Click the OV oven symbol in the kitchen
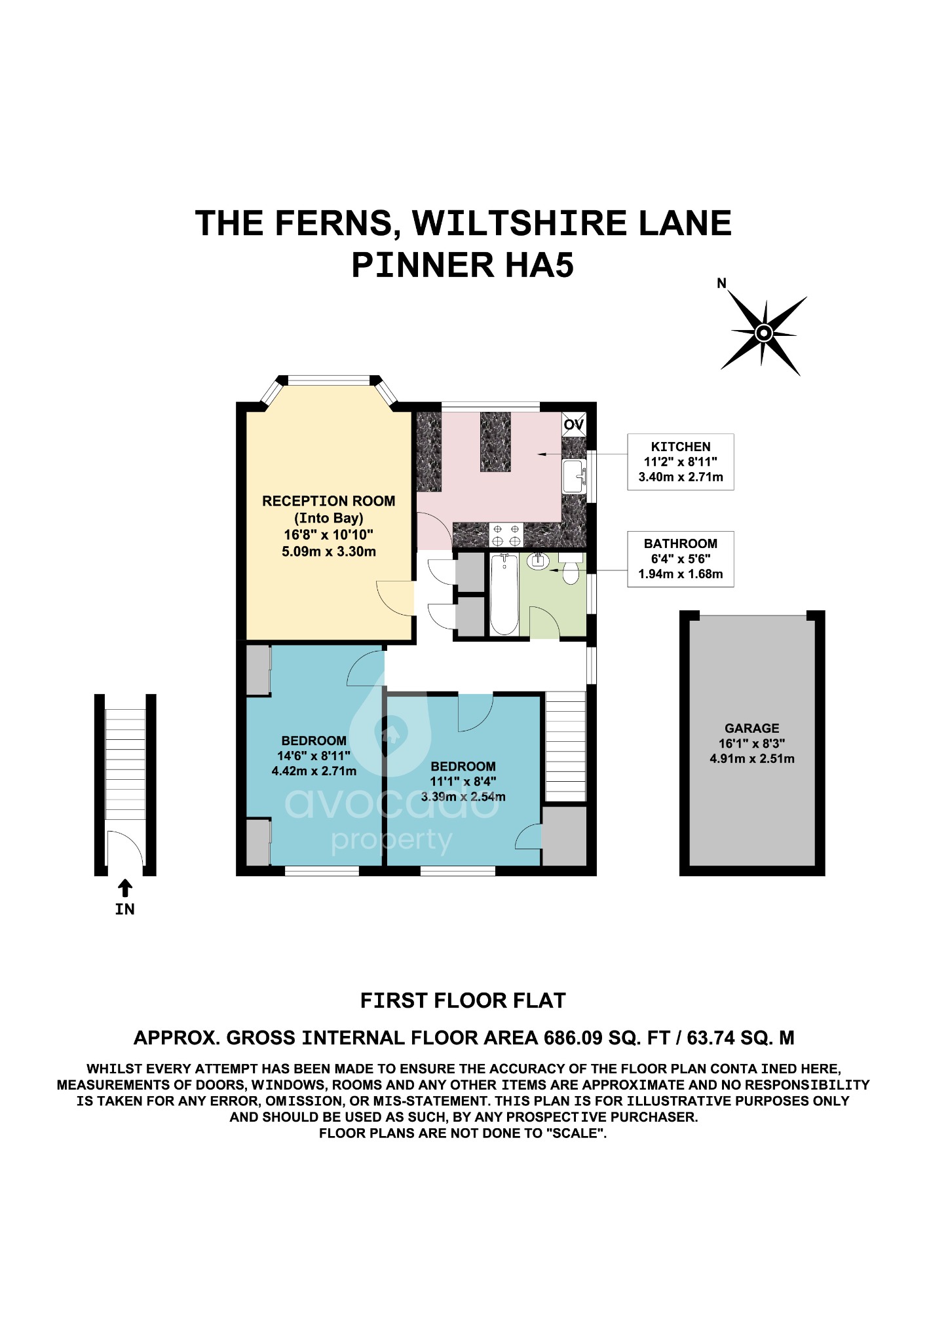click(x=574, y=424)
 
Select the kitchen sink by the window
click(x=574, y=476)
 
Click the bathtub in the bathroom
click(x=504, y=594)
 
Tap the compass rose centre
click(x=763, y=333)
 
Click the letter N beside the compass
click(x=721, y=284)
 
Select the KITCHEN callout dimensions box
click(x=680, y=462)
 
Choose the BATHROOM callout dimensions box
click(x=680, y=559)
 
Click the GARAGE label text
click(x=751, y=728)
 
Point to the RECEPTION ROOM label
click(x=328, y=501)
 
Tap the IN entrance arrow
click(x=124, y=889)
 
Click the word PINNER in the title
click(x=423, y=265)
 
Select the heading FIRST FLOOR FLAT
click(x=463, y=1001)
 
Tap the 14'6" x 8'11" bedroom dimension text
click(x=314, y=756)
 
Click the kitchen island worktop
click(x=495, y=442)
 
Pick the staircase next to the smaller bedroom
click(x=565, y=746)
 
